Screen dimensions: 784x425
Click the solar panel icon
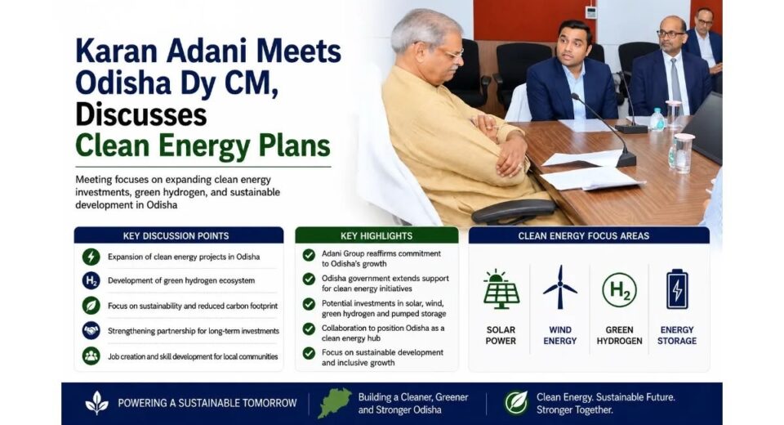tap(501, 289)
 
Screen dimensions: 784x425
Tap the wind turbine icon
tap(560, 288)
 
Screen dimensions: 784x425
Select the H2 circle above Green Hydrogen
tap(620, 289)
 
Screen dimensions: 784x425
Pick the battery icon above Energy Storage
tap(677, 289)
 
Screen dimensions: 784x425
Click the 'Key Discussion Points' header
tap(176, 235)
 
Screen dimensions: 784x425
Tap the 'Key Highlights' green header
tap(376, 235)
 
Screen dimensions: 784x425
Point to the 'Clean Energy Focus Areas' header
tap(583, 235)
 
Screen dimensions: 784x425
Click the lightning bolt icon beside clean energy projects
tap(91, 257)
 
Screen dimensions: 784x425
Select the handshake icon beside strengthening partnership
tap(91, 331)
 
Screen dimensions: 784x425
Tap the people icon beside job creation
tap(91, 356)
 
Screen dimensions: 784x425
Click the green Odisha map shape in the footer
tap(335, 403)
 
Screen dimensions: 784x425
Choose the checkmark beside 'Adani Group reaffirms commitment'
tap(309, 255)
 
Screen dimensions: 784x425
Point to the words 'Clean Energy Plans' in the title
tap(203, 145)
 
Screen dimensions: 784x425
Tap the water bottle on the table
tap(657, 120)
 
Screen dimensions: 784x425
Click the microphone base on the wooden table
tap(626, 159)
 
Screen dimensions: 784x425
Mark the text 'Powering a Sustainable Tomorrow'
tap(207, 403)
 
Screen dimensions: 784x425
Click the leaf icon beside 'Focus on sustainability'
tap(91, 306)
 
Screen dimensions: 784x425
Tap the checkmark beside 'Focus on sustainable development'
tap(309, 353)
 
